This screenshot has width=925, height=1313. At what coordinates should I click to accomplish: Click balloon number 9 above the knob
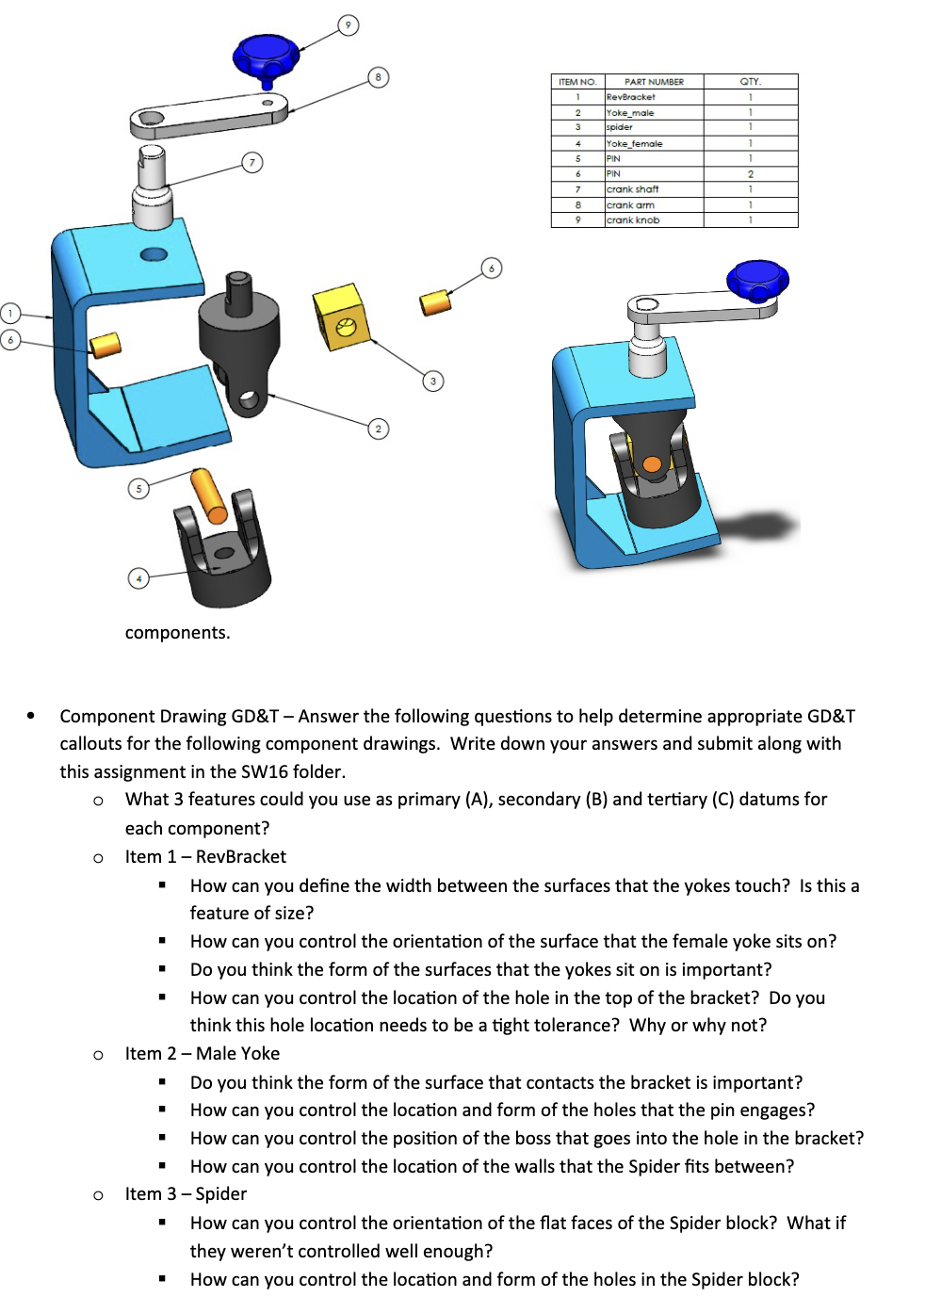coord(349,25)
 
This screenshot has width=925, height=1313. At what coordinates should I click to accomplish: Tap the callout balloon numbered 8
coord(378,77)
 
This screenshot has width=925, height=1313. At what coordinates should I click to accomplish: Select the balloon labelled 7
coord(252,162)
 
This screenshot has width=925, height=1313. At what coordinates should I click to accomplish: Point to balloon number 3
coord(432,381)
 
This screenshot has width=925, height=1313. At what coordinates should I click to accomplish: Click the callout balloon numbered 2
coord(378,429)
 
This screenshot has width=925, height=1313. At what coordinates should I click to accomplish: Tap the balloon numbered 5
coord(138,488)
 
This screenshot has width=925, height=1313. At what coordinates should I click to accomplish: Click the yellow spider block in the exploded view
coord(341,317)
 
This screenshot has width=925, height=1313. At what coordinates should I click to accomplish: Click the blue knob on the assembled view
coord(757,281)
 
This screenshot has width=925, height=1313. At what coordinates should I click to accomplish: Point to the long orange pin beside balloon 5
coord(208,495)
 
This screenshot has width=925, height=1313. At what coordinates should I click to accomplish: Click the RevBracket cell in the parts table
coord(631,97)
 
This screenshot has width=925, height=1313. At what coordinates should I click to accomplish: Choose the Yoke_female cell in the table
coord(634,144)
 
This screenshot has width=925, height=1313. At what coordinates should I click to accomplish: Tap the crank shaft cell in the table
coord(632,189)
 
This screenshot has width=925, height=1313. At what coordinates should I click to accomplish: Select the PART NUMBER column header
coord(654,82)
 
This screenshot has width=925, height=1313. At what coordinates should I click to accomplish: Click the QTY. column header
coord(750,82)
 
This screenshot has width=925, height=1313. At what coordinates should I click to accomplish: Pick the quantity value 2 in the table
coord(750,174)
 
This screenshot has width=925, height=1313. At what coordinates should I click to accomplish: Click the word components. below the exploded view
coord(177,633)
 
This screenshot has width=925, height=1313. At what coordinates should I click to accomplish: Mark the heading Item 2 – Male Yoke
coord(202,1054)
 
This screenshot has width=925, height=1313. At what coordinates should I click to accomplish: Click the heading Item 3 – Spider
coord(186,1194)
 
